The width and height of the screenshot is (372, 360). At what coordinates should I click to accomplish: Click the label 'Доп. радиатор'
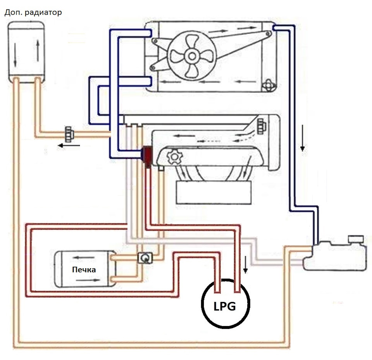coord(33,12)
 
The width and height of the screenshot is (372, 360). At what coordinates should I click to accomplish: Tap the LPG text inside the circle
coord(225,307)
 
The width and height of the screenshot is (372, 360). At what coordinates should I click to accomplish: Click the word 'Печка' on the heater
coord(84,270)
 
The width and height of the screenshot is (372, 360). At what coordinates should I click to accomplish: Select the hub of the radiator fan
coord(192,56)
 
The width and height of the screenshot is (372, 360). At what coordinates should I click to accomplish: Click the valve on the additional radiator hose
coord(69,134)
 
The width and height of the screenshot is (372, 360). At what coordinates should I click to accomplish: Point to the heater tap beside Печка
coord(145,258)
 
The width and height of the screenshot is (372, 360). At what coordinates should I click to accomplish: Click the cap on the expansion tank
coord(356,239)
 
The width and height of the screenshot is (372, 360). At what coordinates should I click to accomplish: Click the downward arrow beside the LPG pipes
coord(246,265)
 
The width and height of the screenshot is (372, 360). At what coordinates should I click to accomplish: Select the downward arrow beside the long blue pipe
coord(303,138)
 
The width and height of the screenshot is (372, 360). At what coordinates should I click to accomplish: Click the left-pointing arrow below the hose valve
coord(69,146)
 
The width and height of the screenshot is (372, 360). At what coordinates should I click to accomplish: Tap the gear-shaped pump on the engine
coord(174,156)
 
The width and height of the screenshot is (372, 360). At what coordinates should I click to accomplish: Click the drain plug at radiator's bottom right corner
coord(268,85)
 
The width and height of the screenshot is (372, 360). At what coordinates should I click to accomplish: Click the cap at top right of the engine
coord(262,125)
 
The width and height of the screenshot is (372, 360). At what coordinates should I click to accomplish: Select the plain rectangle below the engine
coord(214,193)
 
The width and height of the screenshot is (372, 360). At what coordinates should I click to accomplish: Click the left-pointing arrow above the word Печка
coord(84,258)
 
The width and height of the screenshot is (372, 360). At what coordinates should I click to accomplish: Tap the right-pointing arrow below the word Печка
coord(88,280)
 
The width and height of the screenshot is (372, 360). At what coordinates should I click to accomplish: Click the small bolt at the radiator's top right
coord(268,34)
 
